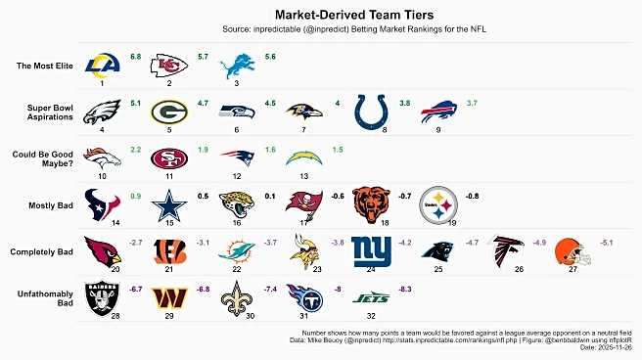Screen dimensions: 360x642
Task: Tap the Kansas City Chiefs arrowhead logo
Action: [x=168, y=66]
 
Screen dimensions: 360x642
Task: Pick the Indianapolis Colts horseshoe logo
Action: [x=370, y=111]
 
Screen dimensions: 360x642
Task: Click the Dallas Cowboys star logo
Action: [x=168, y=204]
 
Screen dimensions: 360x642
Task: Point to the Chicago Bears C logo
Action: [x=370, y=203]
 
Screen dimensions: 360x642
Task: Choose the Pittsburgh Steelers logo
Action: [x=437, y=204]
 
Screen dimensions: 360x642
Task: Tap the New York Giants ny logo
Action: [x=370, y=251]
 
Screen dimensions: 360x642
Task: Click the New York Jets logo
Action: [x=370, y=296]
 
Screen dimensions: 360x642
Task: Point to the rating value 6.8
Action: [x=136, y=57]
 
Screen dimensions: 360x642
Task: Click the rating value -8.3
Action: [x=405, y=289]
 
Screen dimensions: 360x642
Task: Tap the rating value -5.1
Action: [x=607, y=242]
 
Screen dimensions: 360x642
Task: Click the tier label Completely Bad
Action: [x=41, y=251]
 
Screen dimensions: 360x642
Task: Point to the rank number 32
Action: [x=371, y=315]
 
